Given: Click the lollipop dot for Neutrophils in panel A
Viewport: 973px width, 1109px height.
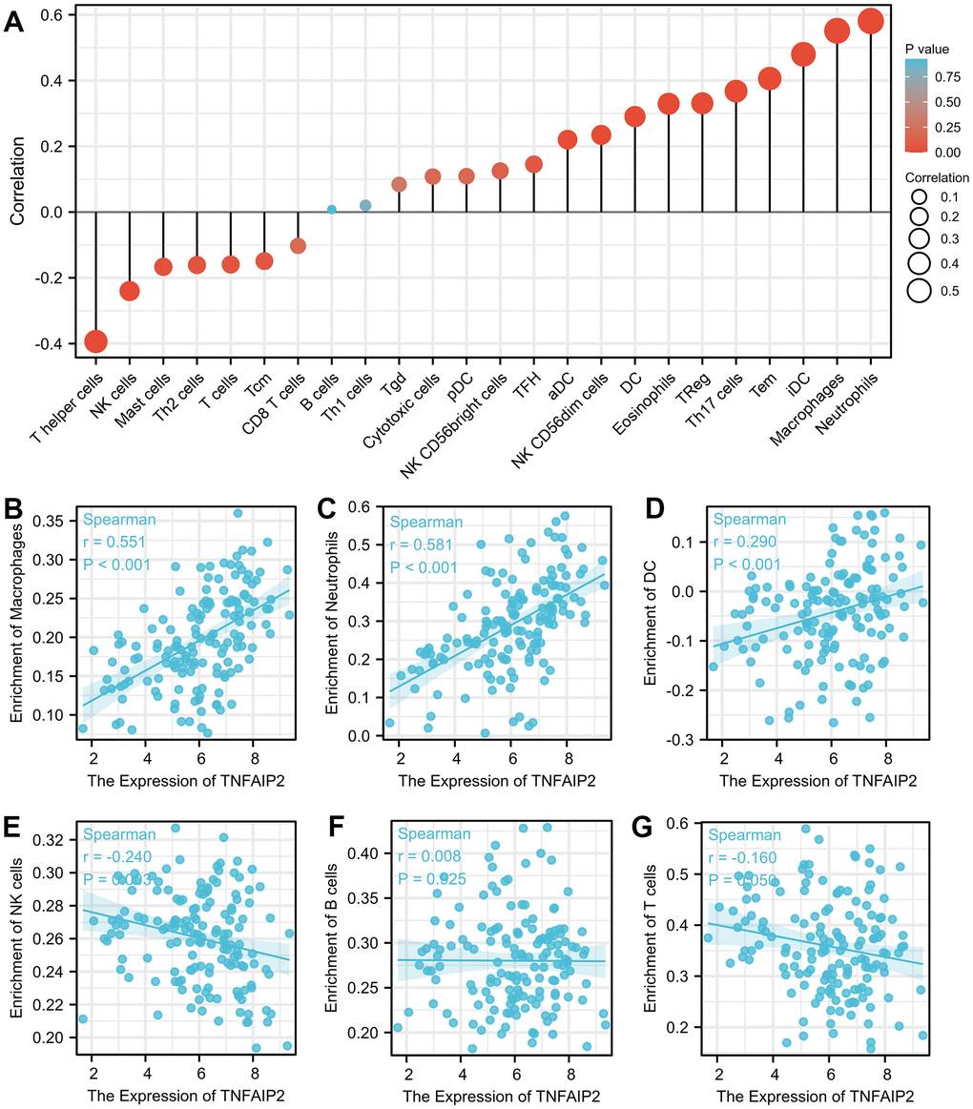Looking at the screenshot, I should [x=870, y=22].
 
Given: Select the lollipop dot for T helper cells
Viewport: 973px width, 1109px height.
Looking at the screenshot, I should [x=95, y=340].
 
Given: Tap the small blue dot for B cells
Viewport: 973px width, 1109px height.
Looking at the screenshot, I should [x=331, y=209].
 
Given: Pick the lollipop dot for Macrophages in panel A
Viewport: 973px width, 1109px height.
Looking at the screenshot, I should [x=837, y=31].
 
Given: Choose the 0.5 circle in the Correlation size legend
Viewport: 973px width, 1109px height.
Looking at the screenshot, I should [x=920, y=292].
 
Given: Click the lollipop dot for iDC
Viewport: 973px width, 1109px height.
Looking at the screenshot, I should [x=803, y=54].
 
